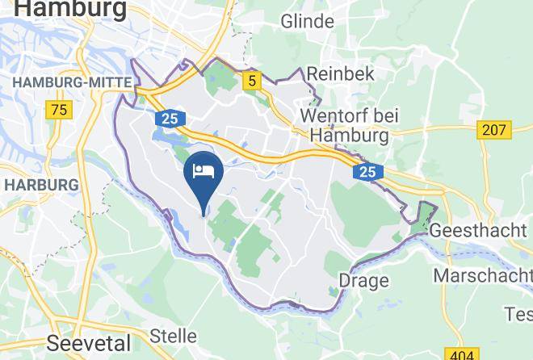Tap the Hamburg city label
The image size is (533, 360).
point(71,10)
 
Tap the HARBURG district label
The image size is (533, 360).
point(41,185)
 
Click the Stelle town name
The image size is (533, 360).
point(174,335)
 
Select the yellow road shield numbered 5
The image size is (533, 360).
point(252,80)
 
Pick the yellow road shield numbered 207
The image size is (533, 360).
point(494,129)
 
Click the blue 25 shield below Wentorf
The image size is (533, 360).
point(367,172)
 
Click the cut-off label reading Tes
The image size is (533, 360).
point(518,313)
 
